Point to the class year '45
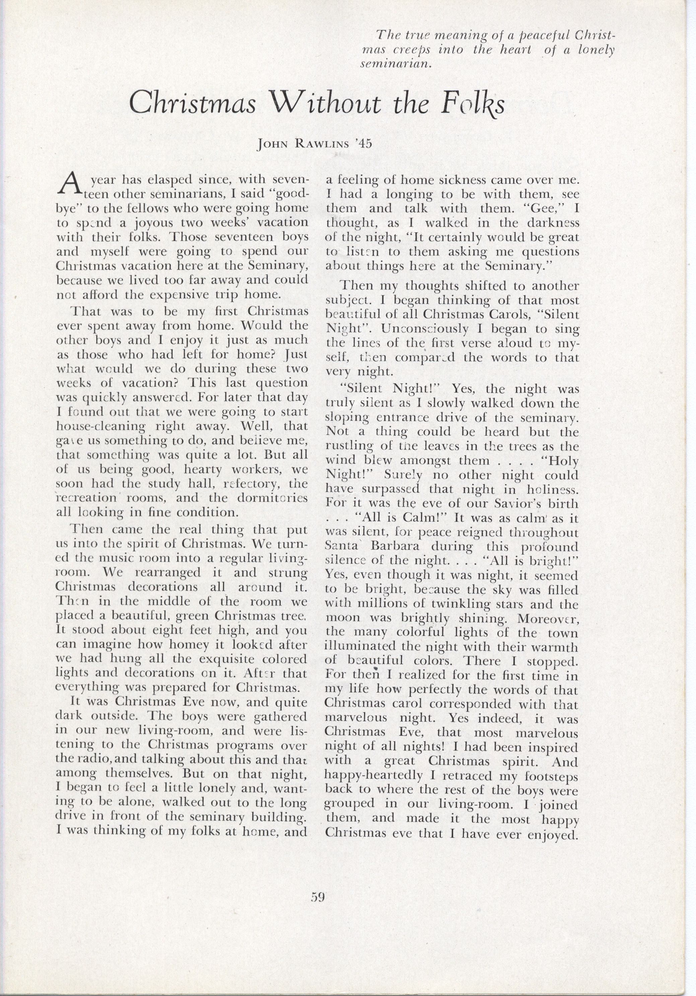click(x=362, y=144)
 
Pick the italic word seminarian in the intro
click(x=396, y=65)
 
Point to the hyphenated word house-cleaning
click(x=101, y=426)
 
